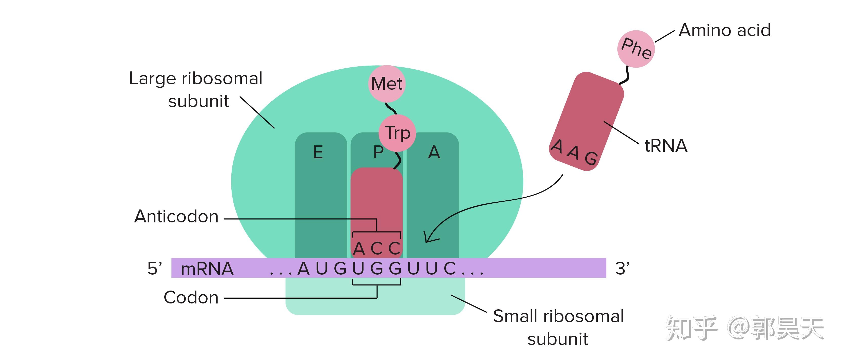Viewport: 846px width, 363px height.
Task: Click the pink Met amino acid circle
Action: (x=387, y=83)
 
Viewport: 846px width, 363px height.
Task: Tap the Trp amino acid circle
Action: (x=397, y=133)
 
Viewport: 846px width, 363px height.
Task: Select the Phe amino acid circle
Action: (x=636, y=49)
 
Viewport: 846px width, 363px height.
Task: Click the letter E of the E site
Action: (x=318, y=152)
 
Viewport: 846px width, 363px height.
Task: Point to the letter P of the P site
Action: (x=378, y=152)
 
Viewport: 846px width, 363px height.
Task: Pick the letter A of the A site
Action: (x=434, y=152)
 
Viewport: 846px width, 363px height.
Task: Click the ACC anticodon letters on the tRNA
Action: (x=377, y=248)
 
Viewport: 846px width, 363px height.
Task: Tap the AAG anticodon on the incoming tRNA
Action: (x=574, y=152)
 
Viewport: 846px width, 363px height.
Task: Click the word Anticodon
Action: (x=176, y=217)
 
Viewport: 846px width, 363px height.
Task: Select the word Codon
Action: (x=191, y=298)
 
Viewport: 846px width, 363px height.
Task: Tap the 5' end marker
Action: (x=154, y=269)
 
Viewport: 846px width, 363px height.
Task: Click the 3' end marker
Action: (x=622, y=269)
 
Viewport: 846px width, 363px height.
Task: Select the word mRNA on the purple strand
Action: (x=207, y=269)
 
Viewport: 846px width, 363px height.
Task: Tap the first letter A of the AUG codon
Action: (x=304, y=269)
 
